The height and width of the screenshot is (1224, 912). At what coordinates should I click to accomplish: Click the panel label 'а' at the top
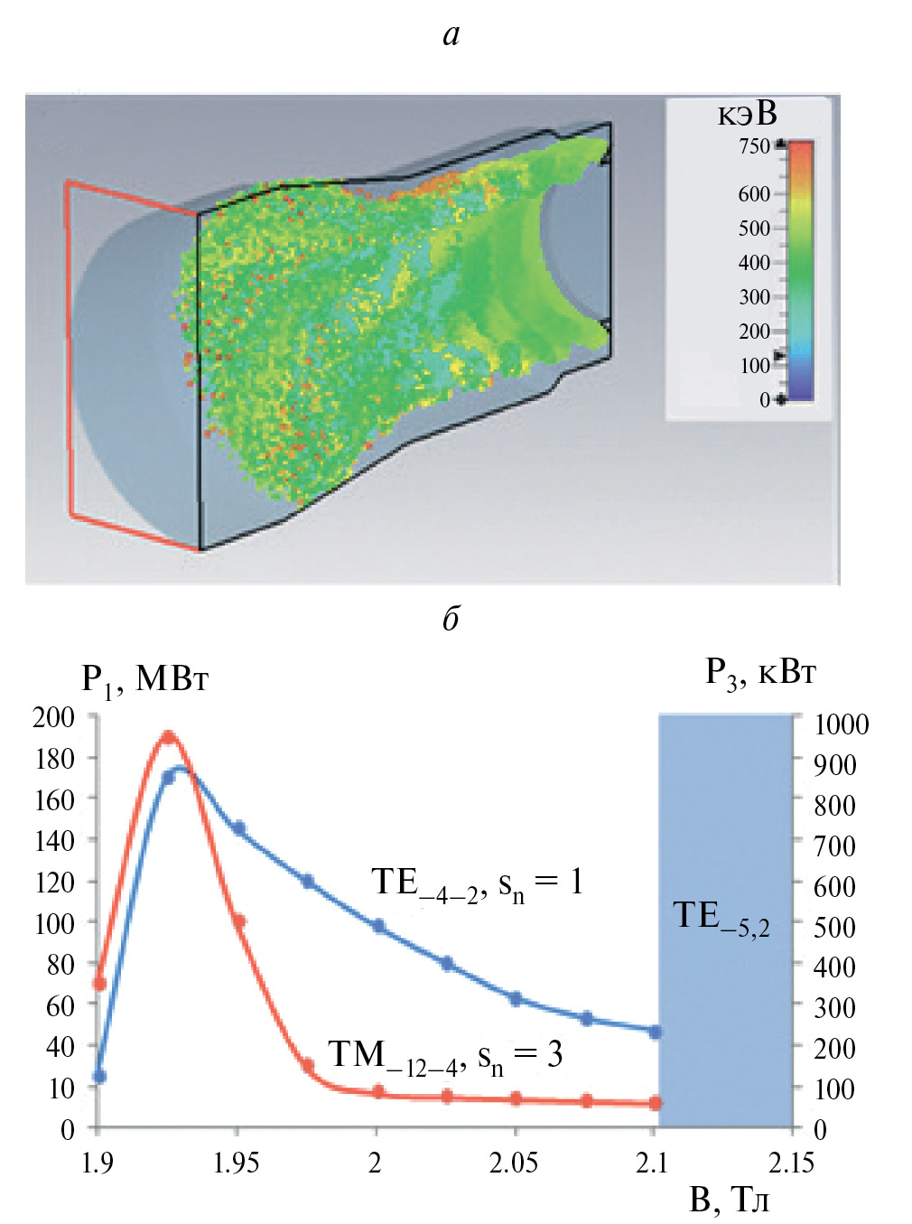point(451,35)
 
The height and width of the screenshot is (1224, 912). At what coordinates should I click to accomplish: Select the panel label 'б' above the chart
point(451,618)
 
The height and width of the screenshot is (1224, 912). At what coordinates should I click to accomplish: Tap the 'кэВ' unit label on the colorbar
point(747,114)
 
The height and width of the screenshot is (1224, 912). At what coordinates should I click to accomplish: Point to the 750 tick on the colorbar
point(754,145)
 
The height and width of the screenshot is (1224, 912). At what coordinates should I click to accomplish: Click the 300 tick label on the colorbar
point(754,297)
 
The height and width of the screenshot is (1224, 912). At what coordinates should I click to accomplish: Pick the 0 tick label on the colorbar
point(765,400)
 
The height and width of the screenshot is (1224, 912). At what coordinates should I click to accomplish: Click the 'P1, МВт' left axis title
point(144,678)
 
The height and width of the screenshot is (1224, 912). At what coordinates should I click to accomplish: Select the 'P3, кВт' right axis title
point(760,673)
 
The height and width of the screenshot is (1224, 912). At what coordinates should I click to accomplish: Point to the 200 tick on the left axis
point(53,717)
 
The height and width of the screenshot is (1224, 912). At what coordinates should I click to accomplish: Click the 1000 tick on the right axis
point(841,724)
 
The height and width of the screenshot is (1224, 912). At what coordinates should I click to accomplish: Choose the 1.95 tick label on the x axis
point(236,1163)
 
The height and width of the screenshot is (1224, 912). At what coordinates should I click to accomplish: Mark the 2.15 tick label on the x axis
point(791,1163)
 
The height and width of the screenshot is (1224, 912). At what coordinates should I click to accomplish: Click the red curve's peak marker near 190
point(168,737)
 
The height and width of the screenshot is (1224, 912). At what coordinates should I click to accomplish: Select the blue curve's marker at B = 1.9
point(99,1077)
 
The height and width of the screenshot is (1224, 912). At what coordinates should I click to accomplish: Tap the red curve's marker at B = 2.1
point(656,1103)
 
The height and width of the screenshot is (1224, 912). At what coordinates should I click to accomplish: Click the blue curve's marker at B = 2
point(378,926)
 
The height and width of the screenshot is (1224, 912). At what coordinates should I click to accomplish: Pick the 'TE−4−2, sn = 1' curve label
point(478,883)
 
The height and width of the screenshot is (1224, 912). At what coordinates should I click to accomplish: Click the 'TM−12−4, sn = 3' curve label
point(445,1056)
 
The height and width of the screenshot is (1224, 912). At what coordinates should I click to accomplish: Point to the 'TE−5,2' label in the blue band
point(721,918)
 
